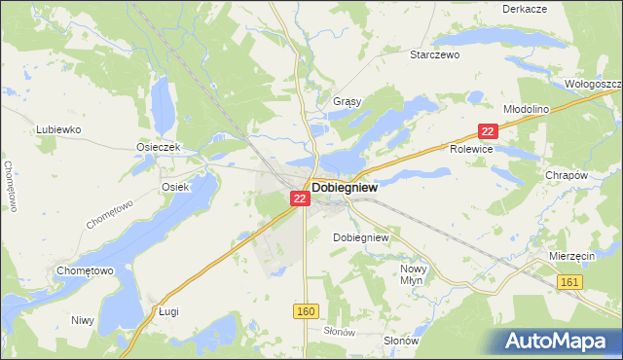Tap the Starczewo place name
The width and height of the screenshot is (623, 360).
434,55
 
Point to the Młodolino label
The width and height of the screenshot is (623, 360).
527,109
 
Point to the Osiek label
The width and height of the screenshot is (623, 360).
175,186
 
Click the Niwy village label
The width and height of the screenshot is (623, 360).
83,319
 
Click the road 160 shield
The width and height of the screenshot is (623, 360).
306,309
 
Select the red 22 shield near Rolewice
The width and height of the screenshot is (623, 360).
489,130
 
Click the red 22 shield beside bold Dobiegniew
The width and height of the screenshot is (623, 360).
299,198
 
